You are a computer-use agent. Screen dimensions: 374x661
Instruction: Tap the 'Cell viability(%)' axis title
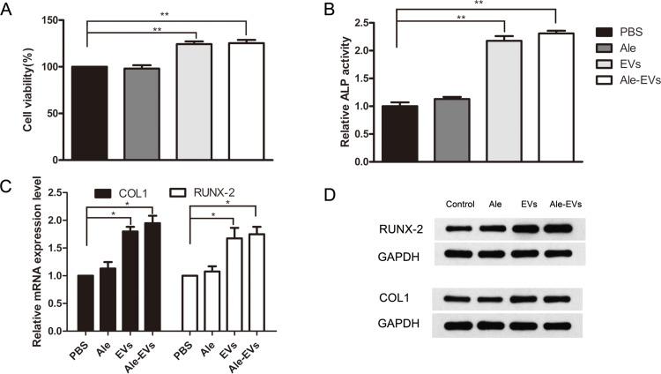click(29, 91)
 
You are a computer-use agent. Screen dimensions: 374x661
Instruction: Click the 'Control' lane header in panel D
click(460, 204)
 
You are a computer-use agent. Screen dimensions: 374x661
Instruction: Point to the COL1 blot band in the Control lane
click(460, 298)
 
